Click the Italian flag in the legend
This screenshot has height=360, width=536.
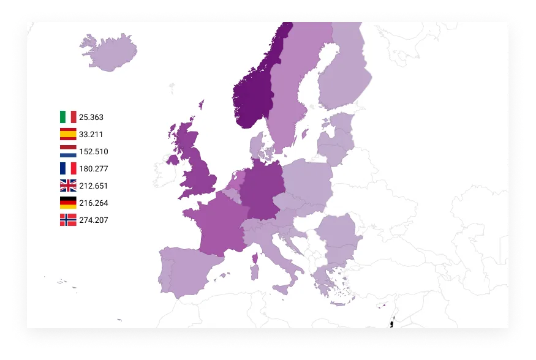point(68,117)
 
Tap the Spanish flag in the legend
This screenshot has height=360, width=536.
point(68,134)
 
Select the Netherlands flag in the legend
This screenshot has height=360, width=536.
point(68,151)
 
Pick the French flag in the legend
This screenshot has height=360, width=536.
point(68,168)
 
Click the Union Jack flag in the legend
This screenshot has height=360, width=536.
point(68,186)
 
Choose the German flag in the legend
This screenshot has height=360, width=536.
point(68,203)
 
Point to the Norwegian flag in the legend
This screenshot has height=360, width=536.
point(68,220)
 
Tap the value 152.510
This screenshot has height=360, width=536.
point(94,151)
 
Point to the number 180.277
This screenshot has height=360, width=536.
point(94,168)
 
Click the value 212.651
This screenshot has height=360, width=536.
point(94,186)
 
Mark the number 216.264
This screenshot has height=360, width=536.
point(94,203)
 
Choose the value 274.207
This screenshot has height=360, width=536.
point(94,220)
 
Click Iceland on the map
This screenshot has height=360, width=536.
point(109,51)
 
